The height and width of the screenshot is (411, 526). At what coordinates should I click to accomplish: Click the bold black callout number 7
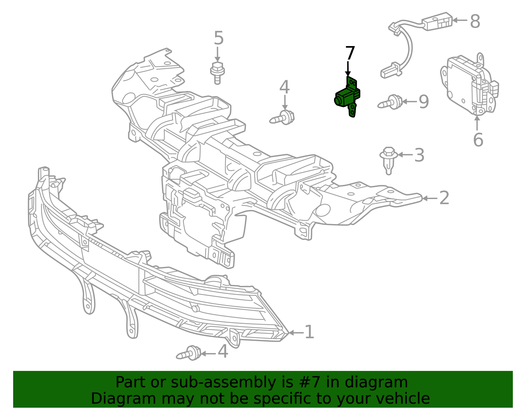(x=350, y=53)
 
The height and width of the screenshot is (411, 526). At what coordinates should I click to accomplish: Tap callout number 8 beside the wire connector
(x=475, y=21)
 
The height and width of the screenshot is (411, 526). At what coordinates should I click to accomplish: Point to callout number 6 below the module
(x=478, y=140)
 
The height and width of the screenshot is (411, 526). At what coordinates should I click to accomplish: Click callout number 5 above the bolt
(x=219, y=38)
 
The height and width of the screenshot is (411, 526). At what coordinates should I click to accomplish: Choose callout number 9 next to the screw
(x=424, y=102)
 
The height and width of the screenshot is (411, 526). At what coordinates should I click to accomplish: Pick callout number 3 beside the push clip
(x=419, y=155)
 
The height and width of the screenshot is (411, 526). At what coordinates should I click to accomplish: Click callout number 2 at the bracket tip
(x=444, y=198)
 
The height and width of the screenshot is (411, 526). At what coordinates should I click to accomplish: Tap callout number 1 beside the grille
(x=309, y=332)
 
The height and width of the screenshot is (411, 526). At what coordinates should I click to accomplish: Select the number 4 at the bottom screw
(x=223, y=351)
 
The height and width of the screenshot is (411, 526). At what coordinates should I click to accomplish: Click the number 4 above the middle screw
(x=284, y=87)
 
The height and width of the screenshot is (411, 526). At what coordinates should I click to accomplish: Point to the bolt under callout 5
(x=217, y=73)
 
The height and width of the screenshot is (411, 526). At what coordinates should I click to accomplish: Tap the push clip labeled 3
(x=389, y=160)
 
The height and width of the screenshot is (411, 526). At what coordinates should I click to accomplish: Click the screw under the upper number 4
(x=282, y=117)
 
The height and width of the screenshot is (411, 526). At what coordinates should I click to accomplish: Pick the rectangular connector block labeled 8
(x=437, y=21)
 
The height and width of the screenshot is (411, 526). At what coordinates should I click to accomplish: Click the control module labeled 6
(x=468, y=85)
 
